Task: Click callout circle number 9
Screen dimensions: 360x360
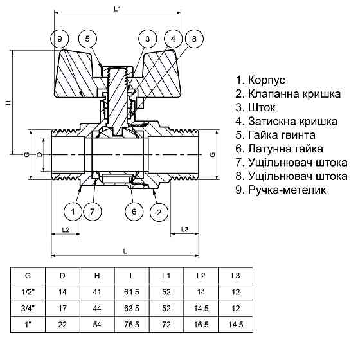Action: pos(59,40)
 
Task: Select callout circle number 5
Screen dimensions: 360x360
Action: pos(89,40)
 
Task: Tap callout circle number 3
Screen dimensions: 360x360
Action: pos(147,40)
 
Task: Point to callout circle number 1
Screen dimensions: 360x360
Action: pos(73,212)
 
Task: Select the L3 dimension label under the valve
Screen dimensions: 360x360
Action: pos(184,230)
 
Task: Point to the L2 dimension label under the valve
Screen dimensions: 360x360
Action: pos(66,230)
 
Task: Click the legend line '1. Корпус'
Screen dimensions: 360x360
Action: pos(260,80)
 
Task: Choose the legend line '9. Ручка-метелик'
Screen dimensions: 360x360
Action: pos(281,190)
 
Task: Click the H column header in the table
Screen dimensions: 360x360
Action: pos(97,275)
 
